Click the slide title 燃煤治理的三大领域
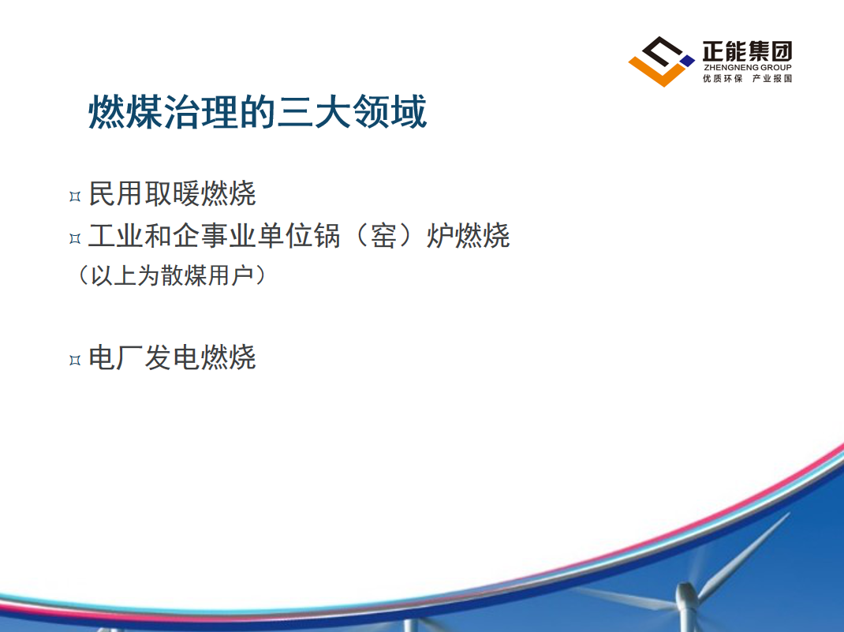[257, 112]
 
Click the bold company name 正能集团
[747, 51]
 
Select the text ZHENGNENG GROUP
[748, 67]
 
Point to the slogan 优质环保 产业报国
[747, 79]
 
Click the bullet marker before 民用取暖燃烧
[75, 196]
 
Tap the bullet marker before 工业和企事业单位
[75, 238]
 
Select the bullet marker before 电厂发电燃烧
[75, 360]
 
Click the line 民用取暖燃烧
[172, 194]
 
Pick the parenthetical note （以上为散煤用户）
[172, 275]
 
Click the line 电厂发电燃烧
[172, 357]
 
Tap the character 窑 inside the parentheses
[384, 236]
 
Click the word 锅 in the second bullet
[327, 236]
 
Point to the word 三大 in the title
[314, 112]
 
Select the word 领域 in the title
[389, 112]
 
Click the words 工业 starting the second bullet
[116, 236]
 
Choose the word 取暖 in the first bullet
[172, 194]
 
